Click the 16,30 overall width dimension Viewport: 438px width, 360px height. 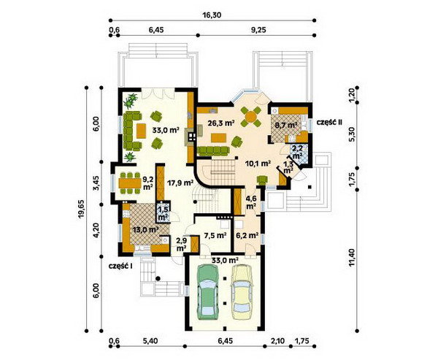[212, 15]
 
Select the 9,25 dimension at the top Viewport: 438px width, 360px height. [256, 30]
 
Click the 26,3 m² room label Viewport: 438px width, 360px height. [220, 123]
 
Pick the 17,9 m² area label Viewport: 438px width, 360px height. [180, 183]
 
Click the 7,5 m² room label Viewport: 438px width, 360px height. [215, 236]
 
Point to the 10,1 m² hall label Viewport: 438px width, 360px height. [258, 164]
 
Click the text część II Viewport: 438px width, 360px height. [328, 122]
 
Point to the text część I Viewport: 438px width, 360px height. [120, 266]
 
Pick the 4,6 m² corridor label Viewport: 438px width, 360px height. [251, 203]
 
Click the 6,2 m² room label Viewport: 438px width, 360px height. [247, 236]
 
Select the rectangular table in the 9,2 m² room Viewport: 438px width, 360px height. [130, 183]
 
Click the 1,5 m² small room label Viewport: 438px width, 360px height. [162, 213]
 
